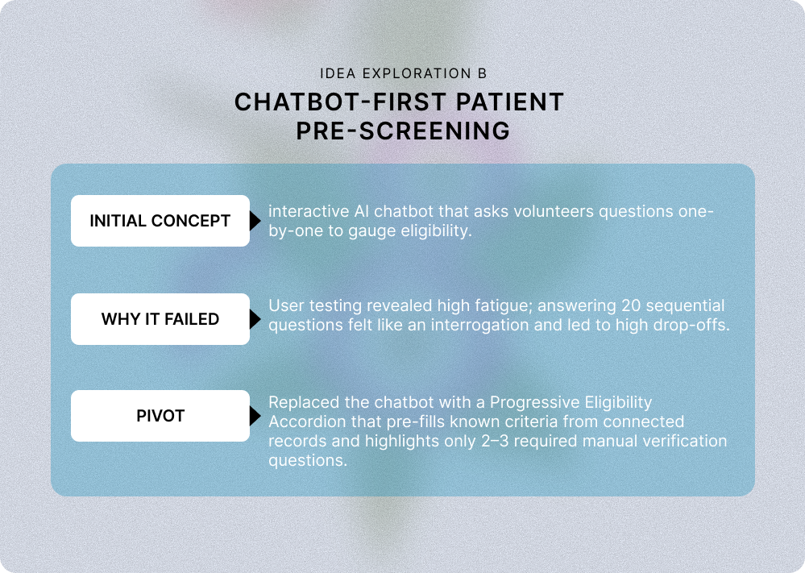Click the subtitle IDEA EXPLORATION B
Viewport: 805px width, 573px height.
(x=403, y=73)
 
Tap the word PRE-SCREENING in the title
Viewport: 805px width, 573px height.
(x=403, y=131)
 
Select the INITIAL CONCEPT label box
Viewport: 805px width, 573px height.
(x=160, y=221)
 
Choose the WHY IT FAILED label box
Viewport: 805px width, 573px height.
(x=160, y=319)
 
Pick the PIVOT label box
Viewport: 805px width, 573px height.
(x=160, y=416)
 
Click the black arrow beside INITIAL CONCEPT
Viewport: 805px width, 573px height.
(x=255, y=221)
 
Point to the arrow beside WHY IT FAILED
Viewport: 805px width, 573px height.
(x=255, y=319)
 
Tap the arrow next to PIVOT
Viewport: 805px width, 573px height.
(x=255, y=416)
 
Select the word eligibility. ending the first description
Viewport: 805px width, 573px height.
(x=437, y=231)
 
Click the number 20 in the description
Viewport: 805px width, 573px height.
(x=631, y=305)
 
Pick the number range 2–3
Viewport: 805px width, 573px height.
(x=495, y=441)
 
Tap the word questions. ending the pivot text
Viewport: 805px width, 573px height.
(x=308, y=460)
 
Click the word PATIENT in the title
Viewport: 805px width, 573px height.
(x=510, y=102)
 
